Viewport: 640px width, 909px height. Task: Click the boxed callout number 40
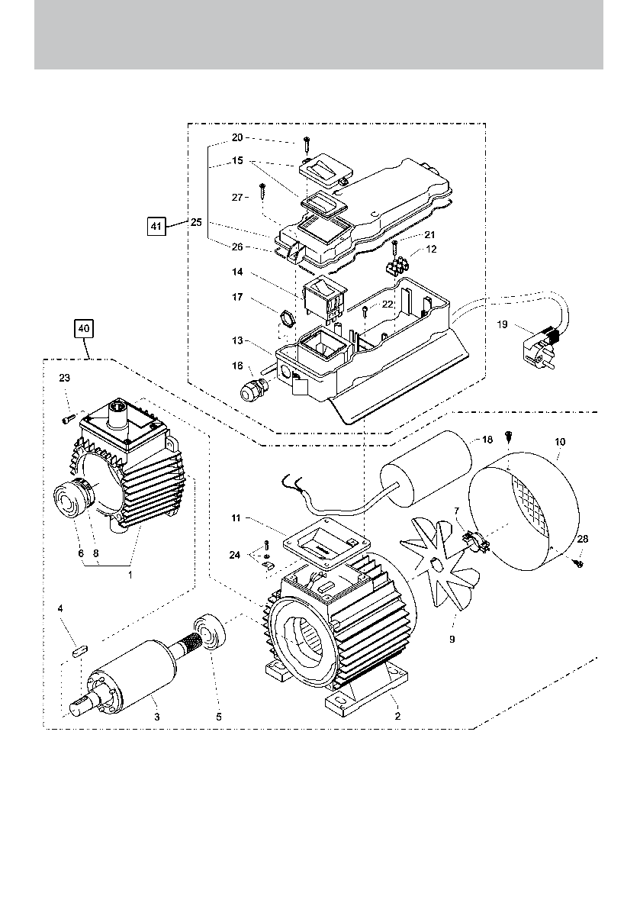[x=84, y=329]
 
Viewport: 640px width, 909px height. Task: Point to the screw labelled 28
[x=578, y=562]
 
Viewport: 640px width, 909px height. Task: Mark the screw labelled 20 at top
[x=306, y=141]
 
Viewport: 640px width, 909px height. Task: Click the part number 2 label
[x=397, y=717]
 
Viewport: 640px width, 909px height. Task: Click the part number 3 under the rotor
[x=156, y=717]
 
